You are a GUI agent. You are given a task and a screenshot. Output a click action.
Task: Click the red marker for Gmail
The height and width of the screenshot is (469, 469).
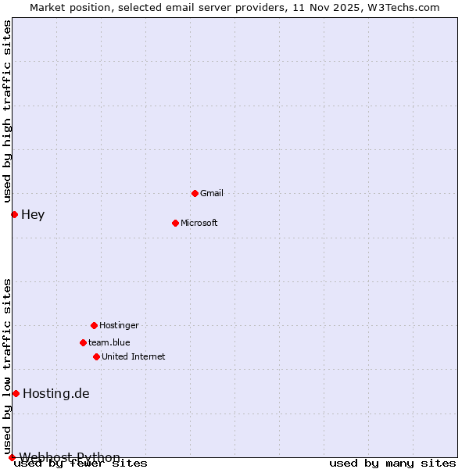click(195, 193)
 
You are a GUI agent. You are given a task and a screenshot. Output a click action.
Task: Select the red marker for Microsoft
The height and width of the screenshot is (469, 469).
click(175, 223)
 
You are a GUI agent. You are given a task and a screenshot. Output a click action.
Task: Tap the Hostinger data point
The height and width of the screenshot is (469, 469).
click(94, 325)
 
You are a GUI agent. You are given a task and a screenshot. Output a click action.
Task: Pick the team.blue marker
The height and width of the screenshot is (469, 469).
click(83, 342)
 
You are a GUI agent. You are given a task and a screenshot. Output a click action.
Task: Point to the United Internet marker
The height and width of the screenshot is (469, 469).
click(96, 356)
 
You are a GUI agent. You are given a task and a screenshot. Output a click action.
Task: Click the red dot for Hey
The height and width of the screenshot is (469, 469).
click(14, 214)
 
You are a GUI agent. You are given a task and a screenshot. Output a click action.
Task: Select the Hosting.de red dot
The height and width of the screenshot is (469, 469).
click(16, 393)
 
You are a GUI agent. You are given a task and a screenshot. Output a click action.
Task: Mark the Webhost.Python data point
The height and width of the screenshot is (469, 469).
click(12, 457)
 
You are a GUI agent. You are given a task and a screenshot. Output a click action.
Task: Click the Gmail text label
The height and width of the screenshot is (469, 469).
click(212, 193)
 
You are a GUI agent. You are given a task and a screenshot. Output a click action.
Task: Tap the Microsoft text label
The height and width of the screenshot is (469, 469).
click(199, 223)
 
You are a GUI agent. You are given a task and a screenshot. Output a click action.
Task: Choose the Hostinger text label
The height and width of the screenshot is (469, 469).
click(119, 325)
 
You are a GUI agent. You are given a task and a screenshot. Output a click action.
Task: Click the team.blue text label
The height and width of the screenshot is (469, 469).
click(109, 342)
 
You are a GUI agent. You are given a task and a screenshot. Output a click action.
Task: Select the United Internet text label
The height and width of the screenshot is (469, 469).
click(133, 356)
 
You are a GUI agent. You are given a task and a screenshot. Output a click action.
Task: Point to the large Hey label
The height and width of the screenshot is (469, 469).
click(33, 214)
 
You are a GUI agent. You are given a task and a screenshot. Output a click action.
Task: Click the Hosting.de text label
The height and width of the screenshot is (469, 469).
click(56, 393)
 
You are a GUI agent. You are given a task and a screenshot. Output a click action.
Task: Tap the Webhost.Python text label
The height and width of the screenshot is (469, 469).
click(70, 457)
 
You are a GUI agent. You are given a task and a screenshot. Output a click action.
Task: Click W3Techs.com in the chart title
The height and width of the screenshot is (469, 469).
click(403, 7)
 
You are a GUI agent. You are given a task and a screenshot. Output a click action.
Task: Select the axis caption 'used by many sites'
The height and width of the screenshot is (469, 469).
click(392, 464)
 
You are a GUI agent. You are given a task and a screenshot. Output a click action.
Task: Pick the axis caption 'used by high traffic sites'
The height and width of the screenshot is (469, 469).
click(7, 112)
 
